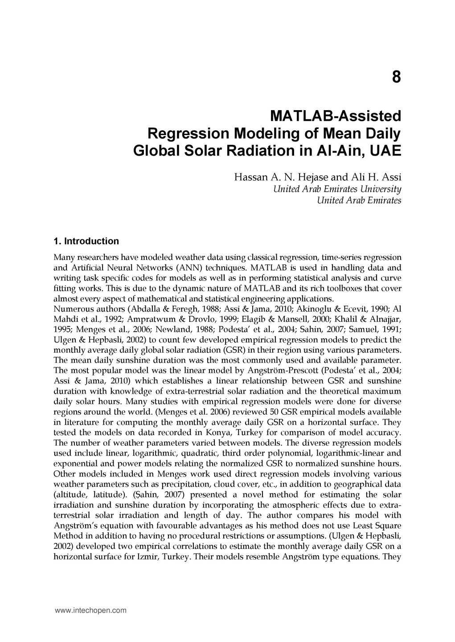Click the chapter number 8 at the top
tap(396, 78)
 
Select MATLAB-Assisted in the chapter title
tap(336, 116)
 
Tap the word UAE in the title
tap(386, 150)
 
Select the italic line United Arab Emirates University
tap(336, 189)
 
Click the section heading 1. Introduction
tap(86, 241)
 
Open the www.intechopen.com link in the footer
tap(90, 610)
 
